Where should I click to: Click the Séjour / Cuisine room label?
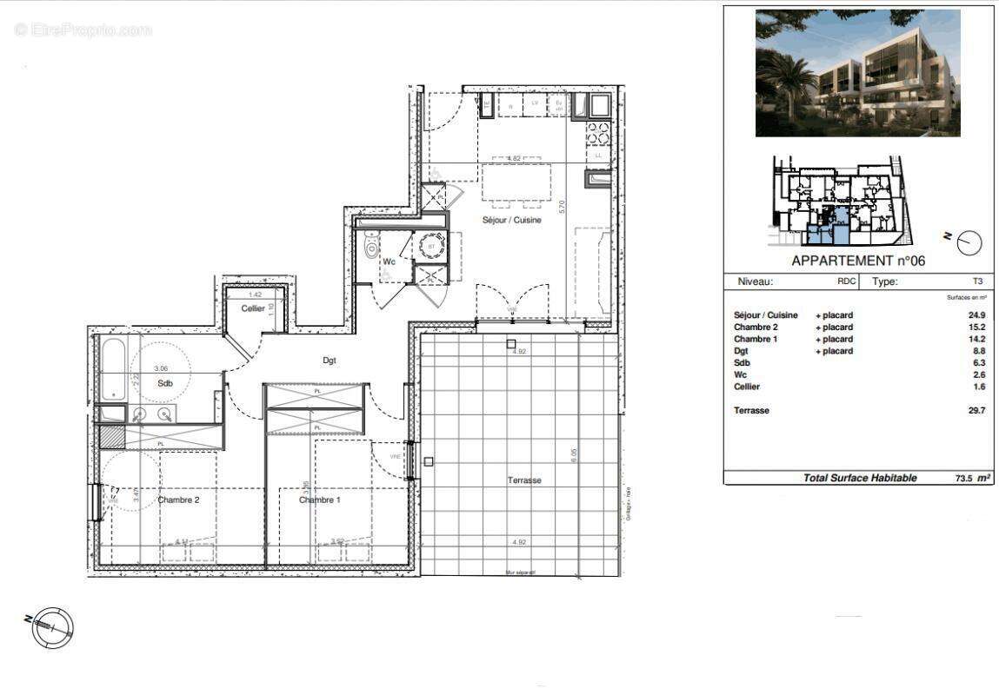pyautogui.click(x=512, y=220)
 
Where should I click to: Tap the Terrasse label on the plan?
pyautogui.click(x=524, y=480)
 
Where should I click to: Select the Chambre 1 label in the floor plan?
pyautogui.click(x=319, y=500)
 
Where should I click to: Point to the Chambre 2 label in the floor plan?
pyautogui.click(x=179, y=500)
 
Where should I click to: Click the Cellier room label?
pyautogui.click(x=253, y=308)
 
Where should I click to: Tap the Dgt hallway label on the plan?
pyautogui.click(x=329, y=360)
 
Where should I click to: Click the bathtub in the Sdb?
pyautogui.click(x=114, y=368)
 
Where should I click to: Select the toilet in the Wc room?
pyautogui.click(x=372, y=249)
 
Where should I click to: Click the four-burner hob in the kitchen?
pyautogui.click(x=598, y=133)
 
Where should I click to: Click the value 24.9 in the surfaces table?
pyautogui.click(x=976, y=315)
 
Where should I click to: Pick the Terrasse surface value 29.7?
pyautogui.click(x=976, y=411)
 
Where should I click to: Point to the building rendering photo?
pyautogui.click(x=857, y=73)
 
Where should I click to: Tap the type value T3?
pyautogui.click(x=978, y=281)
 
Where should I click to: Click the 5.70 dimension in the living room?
pyautogui.click(x=563, y=207)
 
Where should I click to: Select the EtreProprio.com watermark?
pyautogui.click(x=83, y=30)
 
